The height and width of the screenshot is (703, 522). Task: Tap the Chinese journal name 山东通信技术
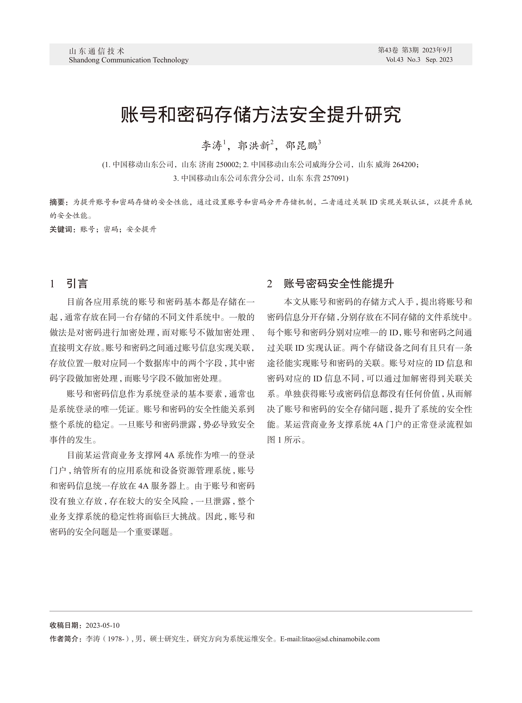[x=97, y=51]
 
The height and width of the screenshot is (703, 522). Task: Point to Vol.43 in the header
[x=394, y=60]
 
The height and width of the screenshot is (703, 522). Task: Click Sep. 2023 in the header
[x=439, y=60]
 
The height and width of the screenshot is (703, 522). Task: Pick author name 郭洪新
[x=254, y=146]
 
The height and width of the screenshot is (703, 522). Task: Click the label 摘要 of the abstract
[x=57, y=202]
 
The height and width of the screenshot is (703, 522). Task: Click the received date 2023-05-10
[x=102, y=625]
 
